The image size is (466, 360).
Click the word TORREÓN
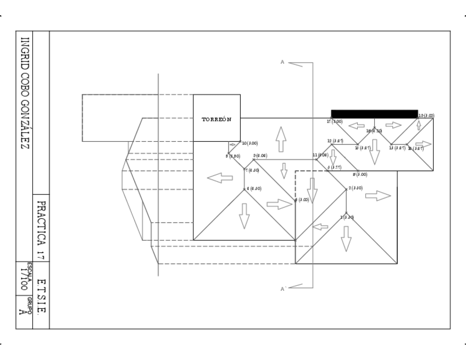[x=216, y=119]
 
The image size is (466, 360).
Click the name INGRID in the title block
[x=25, y=53]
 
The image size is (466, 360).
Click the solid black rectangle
[x=374, y=114]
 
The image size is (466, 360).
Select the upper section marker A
[x=282, y=63]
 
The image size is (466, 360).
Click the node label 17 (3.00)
[x=335, y=121]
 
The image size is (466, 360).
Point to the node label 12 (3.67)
[x=335, y=141]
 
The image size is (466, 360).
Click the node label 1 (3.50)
[x=346, y=218]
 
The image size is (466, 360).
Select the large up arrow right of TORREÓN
[x=281, y=139]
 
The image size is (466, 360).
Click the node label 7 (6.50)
[x=252, y=170]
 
